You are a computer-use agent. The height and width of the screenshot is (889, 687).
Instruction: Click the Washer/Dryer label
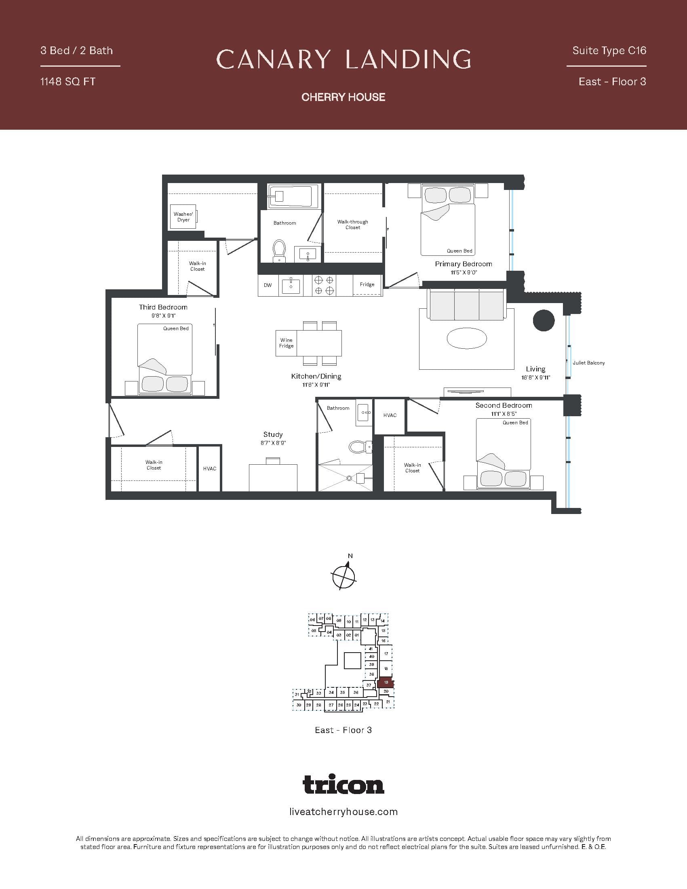coord(183,217)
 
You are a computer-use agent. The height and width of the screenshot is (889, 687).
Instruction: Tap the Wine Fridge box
coord(286,343)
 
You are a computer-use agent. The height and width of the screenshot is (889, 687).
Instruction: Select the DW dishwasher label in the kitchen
coord(268,285)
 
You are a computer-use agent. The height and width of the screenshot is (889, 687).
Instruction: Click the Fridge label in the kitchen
coord(367,284)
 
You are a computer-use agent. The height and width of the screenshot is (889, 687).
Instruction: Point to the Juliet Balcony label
coord(588,363)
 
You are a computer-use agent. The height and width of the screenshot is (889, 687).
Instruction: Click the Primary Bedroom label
coord(463,264)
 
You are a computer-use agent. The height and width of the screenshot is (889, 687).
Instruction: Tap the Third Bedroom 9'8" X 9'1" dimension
coord(163,316)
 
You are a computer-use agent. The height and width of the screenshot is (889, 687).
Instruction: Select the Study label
coord(273,434)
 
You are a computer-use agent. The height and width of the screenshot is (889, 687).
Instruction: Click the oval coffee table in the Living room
coord(466,338)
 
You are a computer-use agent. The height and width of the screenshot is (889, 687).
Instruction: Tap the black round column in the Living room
coord(543,320)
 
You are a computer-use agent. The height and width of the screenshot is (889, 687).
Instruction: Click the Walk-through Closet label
coord(352,224)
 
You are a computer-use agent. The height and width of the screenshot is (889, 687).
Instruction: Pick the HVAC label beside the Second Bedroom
coord(390,415)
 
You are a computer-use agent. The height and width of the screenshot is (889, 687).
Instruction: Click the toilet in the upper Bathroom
coord(279,250)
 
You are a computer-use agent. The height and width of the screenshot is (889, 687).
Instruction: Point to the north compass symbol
coord(344,575)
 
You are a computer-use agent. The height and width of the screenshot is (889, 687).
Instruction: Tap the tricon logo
coord(343,784)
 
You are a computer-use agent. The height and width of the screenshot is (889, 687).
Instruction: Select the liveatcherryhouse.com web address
coord(343,812)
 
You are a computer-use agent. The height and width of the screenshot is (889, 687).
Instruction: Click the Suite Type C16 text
coord(609,51)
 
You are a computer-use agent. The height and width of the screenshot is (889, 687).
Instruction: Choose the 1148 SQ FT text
coord(67,81)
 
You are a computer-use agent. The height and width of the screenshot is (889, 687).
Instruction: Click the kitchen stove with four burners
coord(324,285)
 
